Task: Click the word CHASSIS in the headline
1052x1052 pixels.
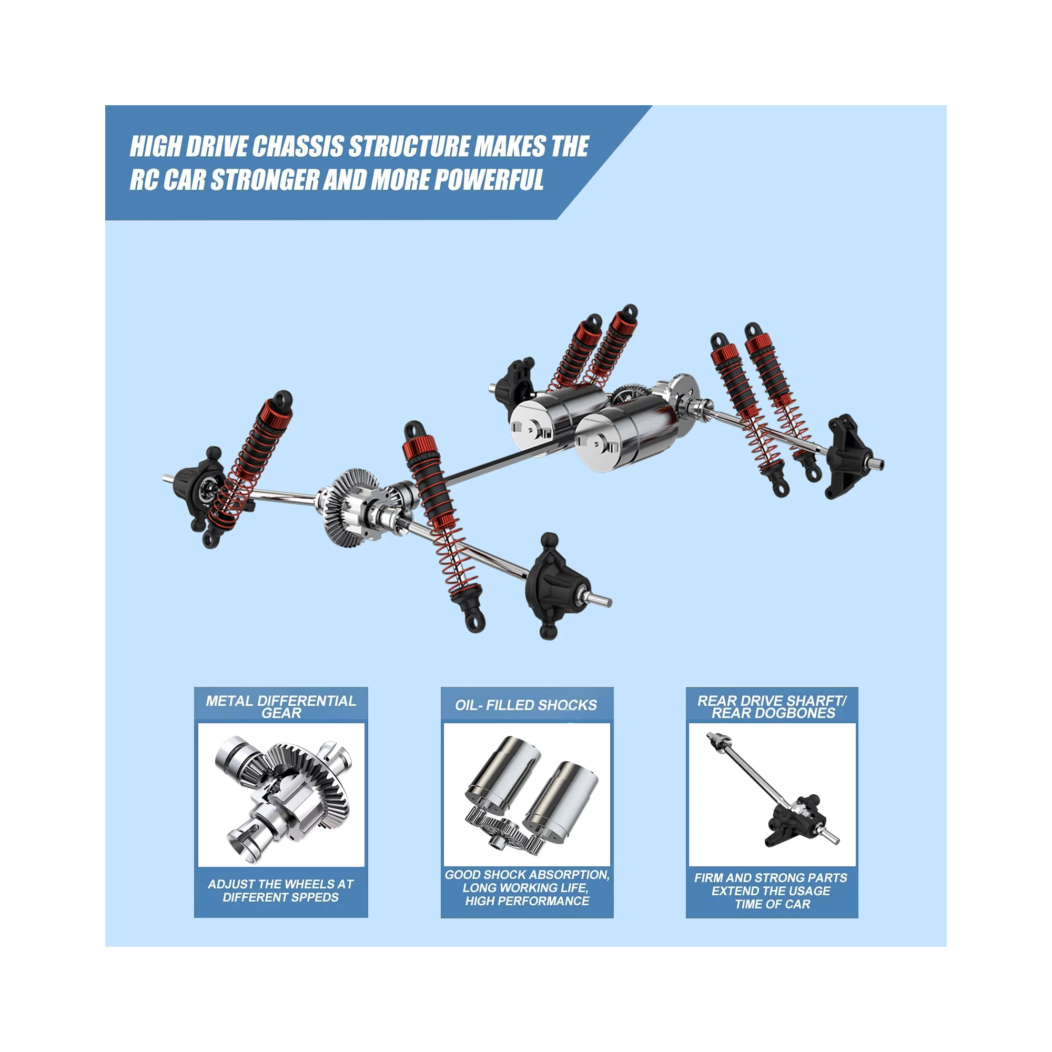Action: (298, 146)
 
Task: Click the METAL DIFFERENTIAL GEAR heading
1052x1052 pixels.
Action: (281, 707)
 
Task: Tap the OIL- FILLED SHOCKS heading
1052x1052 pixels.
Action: (526, 705)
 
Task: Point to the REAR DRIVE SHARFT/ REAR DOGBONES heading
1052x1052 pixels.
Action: (772, 707)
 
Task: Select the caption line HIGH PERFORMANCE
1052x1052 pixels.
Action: (527, 901)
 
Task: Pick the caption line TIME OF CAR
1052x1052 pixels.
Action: (773, 904)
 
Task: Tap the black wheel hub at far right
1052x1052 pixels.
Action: (849, 458)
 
